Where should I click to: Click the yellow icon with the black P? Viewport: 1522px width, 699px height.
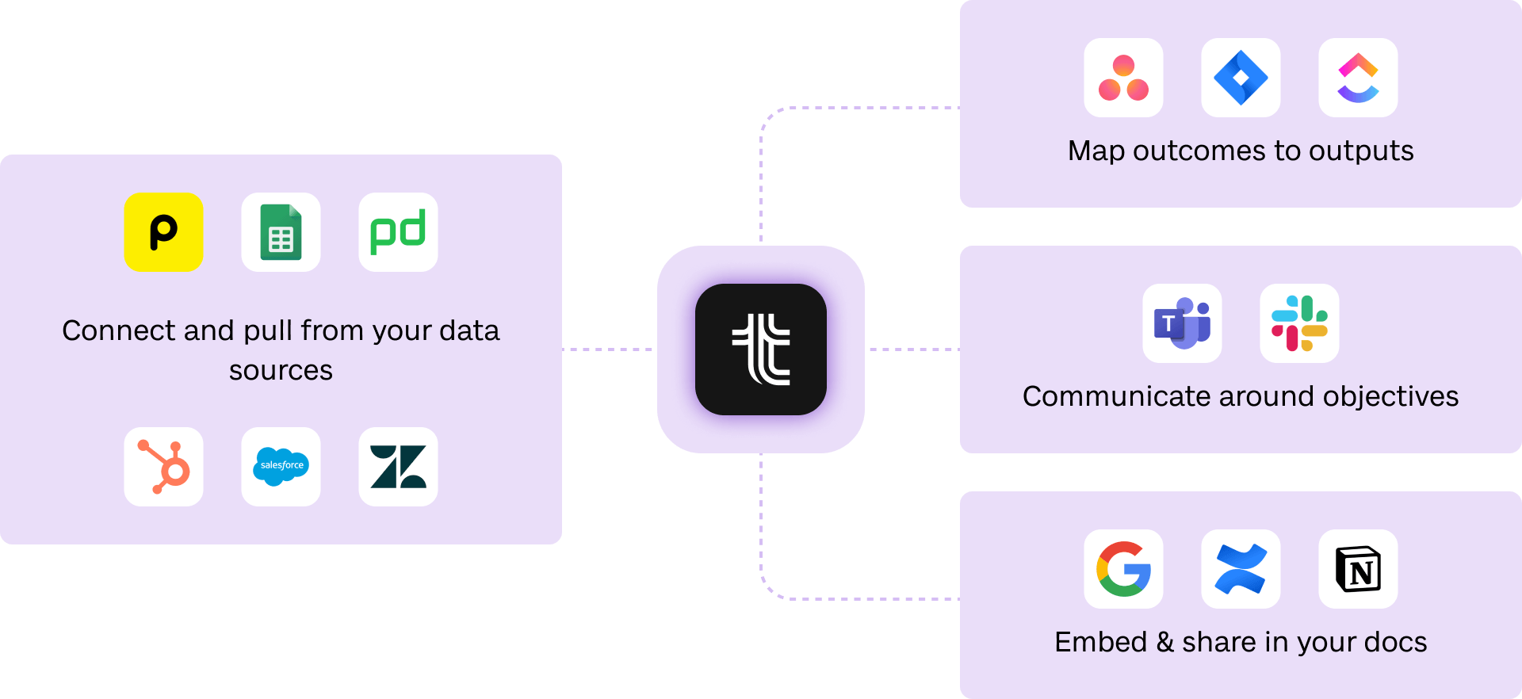click(163, 232)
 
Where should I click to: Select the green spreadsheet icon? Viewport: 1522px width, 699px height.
click(281, 232)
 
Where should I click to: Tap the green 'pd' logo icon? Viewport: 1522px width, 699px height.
click(398, 232)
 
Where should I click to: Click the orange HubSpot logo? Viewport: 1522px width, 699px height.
click(163, 467)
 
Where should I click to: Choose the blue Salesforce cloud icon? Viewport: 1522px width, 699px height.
click(281, 467)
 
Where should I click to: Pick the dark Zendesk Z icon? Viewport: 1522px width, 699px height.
click(398, 467)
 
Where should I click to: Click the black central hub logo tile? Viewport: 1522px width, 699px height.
click(761, 349)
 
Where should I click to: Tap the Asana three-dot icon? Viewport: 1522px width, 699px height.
click(1123, 78)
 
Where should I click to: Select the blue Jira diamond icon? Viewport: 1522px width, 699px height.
click(1241, 78)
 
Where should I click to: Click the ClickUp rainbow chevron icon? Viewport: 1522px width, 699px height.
click(1358, 78)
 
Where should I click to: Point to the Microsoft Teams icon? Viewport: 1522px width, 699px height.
click(1182, 323)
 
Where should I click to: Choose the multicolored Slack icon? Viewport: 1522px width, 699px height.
click(1299, 323)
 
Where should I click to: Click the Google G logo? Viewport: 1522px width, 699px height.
click(1123, 569)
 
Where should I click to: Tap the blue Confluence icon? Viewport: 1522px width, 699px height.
click(1241, 569)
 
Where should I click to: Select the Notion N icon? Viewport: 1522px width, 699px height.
click(1358, 569)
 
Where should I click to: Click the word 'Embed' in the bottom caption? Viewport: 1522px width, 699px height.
click(1100, 642)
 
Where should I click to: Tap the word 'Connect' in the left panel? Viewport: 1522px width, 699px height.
click(119, 330)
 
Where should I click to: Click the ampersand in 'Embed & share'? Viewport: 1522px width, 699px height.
click(1164, 642)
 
